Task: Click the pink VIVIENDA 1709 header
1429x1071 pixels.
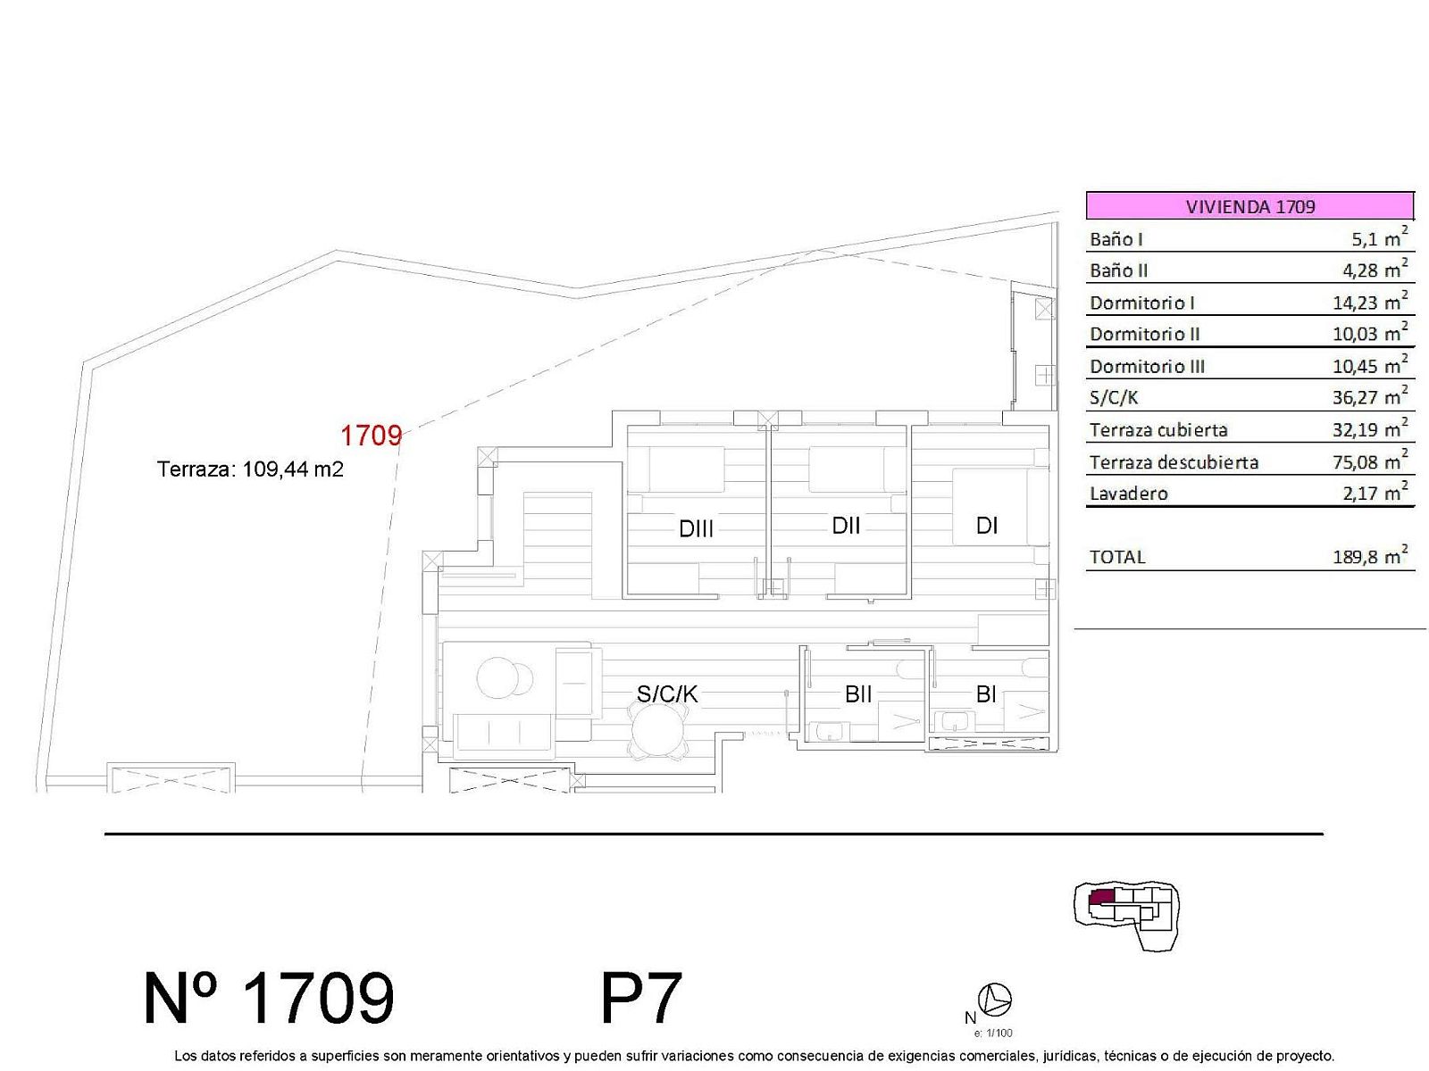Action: click(1249, 205)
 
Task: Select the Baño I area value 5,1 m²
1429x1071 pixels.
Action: click(1379, 237)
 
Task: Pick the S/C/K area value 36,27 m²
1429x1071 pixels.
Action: click(1370, 395)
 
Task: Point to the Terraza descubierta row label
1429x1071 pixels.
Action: click(1174, 462)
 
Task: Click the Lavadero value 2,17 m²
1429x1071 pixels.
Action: click(1375, 492)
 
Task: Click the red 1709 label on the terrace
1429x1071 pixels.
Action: click(371, 435)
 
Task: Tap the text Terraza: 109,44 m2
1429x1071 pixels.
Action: click(250, 469)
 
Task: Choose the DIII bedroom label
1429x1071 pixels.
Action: click(696, 528)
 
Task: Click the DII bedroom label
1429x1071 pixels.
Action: click(846, 526)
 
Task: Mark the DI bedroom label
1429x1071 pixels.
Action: click(986, 526)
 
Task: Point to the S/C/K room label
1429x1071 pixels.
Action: click(666, 693)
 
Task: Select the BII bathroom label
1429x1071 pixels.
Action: click(858, 693)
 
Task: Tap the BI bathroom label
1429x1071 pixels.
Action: click(986, 693)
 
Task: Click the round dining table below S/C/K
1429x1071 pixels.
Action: click(658, 729)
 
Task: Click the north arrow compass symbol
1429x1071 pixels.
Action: click(995, 999)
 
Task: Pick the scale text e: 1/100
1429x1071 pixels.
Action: click(993, 1034)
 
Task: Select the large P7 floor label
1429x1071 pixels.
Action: click(640, 998)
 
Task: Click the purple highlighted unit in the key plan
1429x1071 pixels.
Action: click(1101, 897)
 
